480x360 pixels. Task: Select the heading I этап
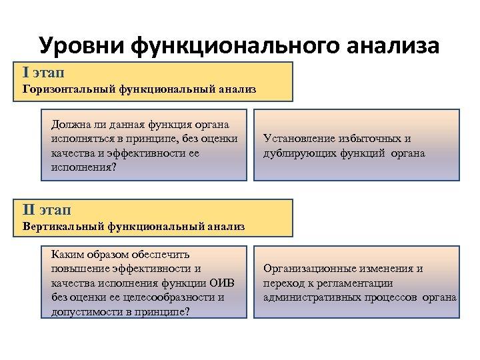(43, 71)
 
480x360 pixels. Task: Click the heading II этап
(46, 210)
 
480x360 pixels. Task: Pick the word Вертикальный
(63, 227)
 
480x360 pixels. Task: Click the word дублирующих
(299, 153)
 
